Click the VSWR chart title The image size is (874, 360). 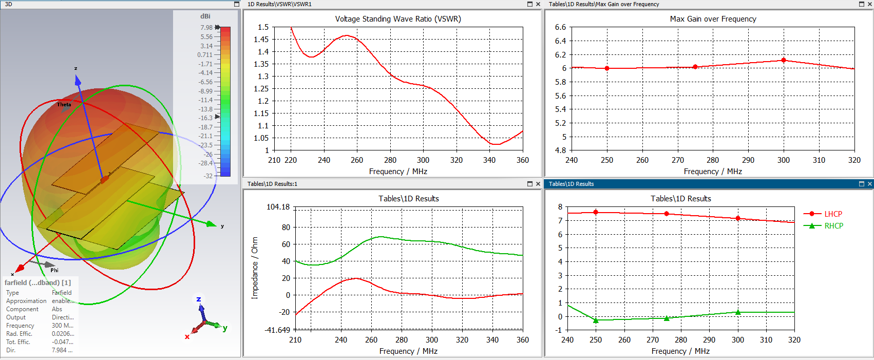click(x=398, y=19)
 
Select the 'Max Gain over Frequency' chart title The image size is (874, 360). click(x=713, y=19)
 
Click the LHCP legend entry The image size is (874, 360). click(x=833, y=214)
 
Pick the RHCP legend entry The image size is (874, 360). click(x=833, y=226)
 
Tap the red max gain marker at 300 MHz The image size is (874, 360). click(x=784, y=60)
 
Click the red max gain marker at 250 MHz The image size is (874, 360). click(x=607, y=68)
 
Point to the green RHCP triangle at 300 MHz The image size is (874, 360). click(x=738, y=312)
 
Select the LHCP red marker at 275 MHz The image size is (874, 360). click(x=667, y=214)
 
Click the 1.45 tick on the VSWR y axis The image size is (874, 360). click(x=261, y=40)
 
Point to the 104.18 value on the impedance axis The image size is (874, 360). click(x=278, y=207)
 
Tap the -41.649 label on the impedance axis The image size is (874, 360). click(x=277, y=330)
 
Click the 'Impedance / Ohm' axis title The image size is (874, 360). click(x=255, y=268)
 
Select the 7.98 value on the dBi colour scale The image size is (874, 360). click(x=206, y=28)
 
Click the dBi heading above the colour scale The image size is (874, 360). click(x=205, y=16)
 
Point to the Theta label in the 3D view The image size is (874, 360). click(x=64, y=105)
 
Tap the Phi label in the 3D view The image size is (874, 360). click(x=54, y=270)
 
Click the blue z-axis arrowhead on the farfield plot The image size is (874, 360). click(x=78, y=81)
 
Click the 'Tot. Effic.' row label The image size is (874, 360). click(x=18, y=342)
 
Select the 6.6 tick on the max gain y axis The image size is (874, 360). click(x=560, y=27)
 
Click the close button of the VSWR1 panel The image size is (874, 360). click(x=538, y=4)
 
